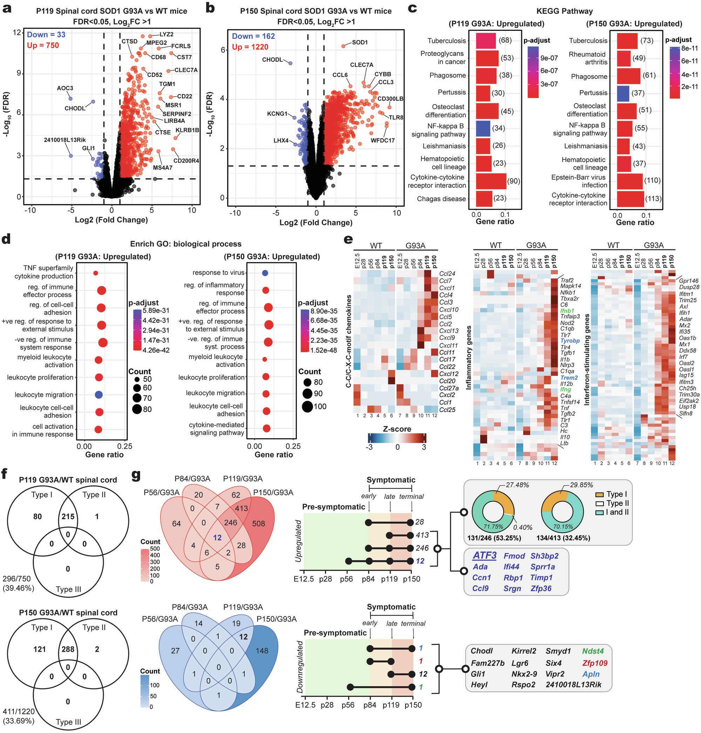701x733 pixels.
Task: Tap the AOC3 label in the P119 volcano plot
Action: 65,88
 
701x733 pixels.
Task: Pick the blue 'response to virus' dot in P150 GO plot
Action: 265,273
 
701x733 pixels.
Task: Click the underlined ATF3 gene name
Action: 484,556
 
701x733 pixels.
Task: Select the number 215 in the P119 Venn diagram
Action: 68,517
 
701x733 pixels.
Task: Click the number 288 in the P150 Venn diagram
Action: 68,649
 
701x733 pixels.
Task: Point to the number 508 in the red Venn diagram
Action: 258,524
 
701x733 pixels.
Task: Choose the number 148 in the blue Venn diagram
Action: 262,651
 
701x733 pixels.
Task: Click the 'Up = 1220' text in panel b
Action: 250,47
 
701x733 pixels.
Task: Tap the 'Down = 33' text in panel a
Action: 46,35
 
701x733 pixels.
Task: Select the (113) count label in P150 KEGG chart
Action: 653,199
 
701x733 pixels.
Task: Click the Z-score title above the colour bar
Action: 397,429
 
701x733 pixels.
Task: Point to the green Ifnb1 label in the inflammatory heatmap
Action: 567,311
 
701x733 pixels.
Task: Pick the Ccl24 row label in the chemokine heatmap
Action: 447,274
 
